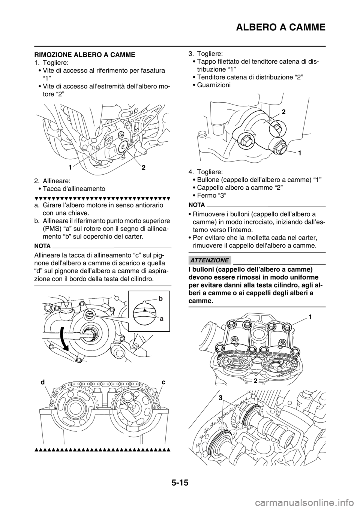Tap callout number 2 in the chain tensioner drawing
[284, 112]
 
